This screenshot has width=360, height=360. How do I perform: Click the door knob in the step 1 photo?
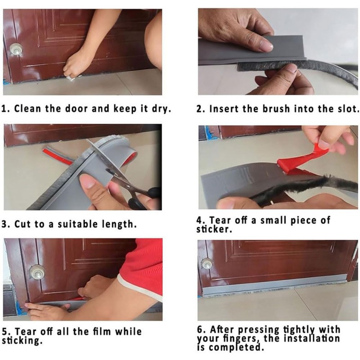point(16,49)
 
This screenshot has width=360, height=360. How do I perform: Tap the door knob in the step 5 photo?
point(37,272)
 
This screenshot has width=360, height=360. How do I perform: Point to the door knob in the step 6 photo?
point(207,264)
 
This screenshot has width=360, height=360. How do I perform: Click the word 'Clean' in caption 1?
point(28,108)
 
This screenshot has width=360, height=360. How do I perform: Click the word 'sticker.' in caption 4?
point(214,229)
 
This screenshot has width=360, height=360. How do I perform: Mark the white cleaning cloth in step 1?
point(71,78)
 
